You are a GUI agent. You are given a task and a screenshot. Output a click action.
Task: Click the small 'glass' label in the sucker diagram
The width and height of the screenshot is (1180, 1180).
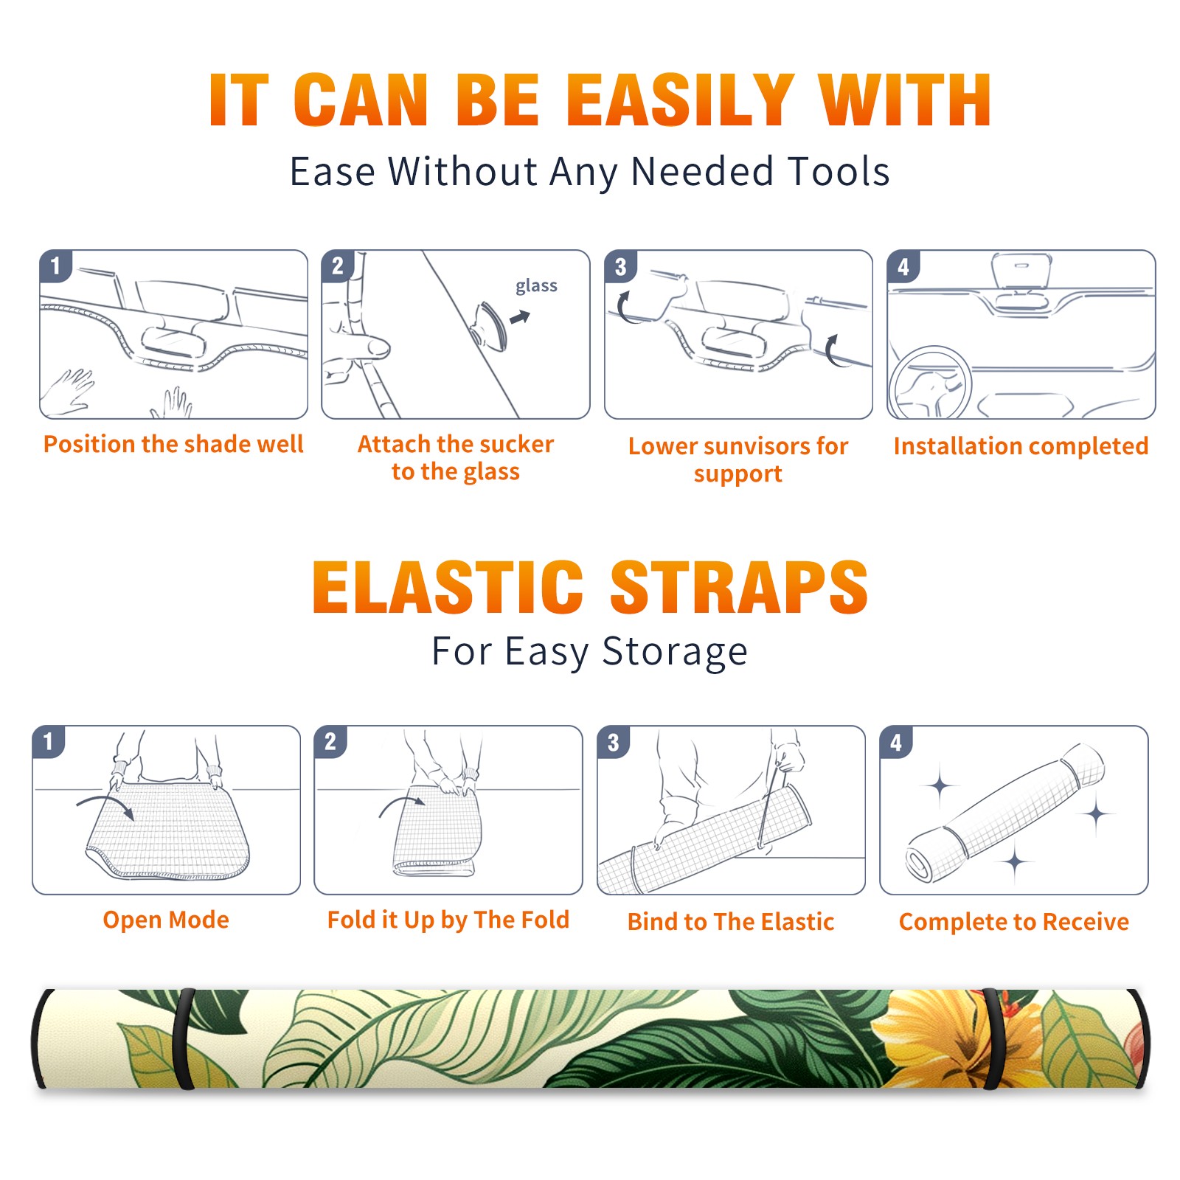click(x=536, y=285)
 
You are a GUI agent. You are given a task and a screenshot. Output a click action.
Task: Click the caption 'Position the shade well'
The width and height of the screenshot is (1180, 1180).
click(x=173, y=444)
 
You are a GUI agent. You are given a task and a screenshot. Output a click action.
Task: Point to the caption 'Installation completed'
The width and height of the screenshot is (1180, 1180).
click(x=1021, y=445)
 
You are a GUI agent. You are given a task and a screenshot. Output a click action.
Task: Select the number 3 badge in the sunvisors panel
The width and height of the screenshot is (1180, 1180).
click(x=621, y=267)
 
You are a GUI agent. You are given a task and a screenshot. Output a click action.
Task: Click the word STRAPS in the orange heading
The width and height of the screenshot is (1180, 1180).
click(x=739, y=587)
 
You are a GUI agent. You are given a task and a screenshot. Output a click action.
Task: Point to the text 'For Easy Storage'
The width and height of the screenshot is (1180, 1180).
click(x=590, y=651)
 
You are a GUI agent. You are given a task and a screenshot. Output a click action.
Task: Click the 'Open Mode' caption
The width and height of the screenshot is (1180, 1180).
click(x=166, y=920)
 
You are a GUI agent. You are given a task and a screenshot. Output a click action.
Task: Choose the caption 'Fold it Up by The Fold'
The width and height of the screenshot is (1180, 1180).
click(x=448, y=920)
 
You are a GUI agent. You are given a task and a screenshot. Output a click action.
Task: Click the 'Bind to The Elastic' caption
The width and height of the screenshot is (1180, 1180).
click(x=731, y=922)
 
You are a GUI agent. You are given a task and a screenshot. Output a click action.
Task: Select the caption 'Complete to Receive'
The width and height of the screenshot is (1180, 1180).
click(x=1014, y=922)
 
